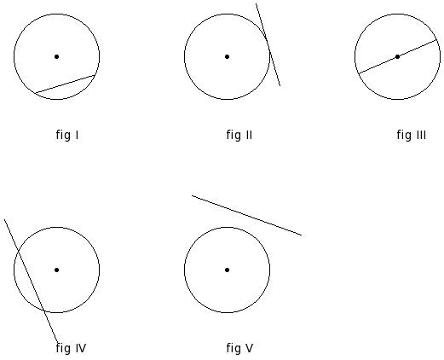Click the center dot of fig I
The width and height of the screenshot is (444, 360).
tap(56, 57)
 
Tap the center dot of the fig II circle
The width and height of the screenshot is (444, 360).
tap(227, 57)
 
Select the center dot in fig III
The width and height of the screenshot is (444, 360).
tap(397, 57)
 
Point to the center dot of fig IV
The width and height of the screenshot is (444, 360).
tap(56, 270)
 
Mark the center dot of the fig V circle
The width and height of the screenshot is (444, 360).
tap(227, 270)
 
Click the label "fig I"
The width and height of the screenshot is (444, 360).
tap(67, 135)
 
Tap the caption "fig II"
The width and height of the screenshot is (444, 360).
tap(239, 135)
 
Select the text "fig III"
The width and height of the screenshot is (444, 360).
tap(412, 135)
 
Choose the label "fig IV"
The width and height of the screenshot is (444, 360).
tap(71, 348)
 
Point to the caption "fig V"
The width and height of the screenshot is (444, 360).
tap(239, 348)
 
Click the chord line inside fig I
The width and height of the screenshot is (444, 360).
tap(65, 84)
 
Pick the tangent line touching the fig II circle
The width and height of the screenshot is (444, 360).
tap(268, 44)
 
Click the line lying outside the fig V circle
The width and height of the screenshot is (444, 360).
tap(246, 216)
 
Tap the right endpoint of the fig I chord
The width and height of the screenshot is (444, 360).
tap(95, 75)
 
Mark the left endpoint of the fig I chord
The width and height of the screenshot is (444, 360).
tap(35, 93)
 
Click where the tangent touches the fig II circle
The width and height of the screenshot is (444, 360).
tap(268, 44)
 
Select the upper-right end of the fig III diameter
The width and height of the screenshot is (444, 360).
tap(436, 40)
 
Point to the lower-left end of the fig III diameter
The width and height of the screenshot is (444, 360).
tap(359, 73)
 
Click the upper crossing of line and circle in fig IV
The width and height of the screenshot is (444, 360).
tap(19, 250)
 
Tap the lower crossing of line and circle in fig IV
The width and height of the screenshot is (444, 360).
tap(43, 311)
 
